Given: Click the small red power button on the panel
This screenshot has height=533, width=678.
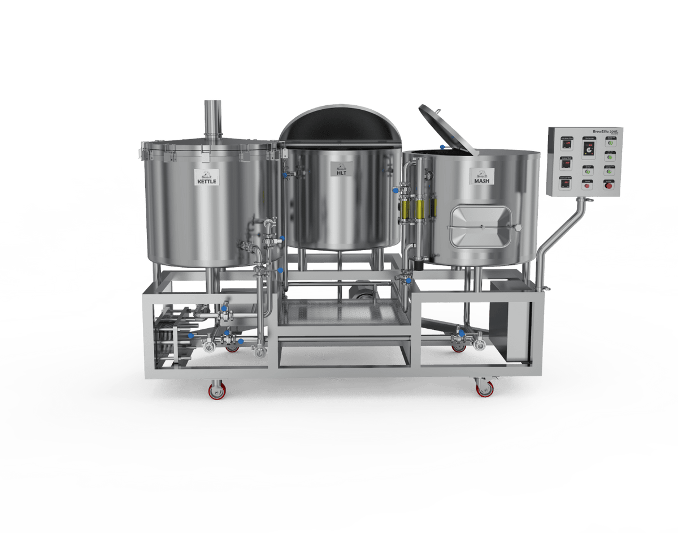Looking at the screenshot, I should (x=609, y=186).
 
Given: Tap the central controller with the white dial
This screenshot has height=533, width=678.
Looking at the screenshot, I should (x=589, y=149).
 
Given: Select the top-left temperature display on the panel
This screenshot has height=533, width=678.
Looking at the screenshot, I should (x=566, y=145).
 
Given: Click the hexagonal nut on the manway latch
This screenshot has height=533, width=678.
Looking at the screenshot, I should (x=517, y=227).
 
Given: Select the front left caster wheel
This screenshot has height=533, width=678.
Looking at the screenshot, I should (x=216, y=390).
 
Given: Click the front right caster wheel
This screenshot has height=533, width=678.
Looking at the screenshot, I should (x=484, y=388).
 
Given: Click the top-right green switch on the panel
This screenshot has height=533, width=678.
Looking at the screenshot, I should (x=610, y=143).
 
